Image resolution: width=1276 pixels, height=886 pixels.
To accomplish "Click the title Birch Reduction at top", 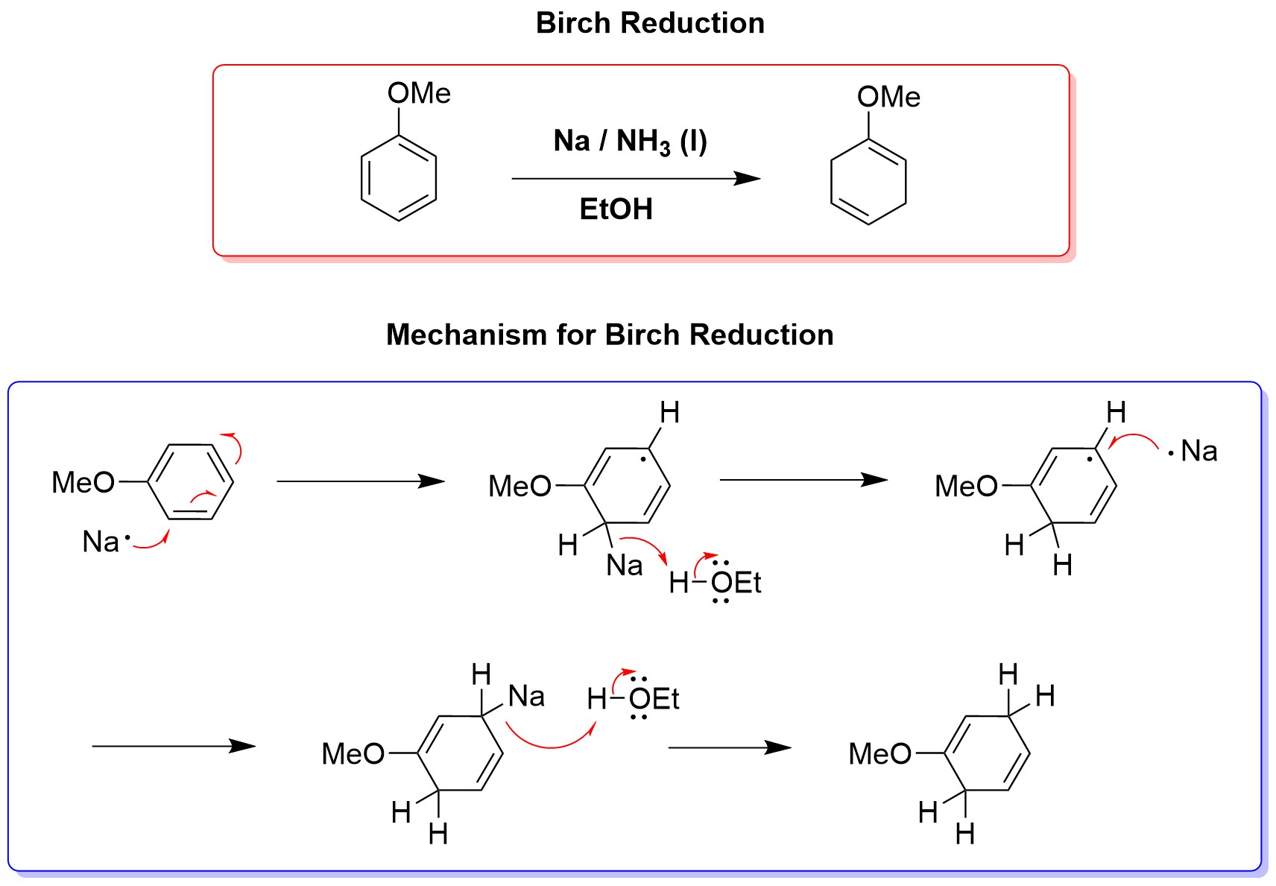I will point(650,23).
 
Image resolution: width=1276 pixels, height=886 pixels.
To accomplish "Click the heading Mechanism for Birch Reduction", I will point(609,335).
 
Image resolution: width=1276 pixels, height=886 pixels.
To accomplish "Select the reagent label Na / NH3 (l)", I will point(630,141).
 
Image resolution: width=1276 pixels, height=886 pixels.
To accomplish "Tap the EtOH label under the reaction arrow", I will point(616,209).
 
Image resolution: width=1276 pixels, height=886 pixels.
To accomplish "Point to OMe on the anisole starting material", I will point(419,94).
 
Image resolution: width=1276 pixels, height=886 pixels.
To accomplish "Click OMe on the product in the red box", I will point(888,97).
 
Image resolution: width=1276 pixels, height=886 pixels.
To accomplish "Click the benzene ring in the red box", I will point(399,178).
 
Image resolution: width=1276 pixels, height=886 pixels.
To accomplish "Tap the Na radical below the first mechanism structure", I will point(102,542).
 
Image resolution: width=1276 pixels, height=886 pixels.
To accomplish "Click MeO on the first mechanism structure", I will point(83,483).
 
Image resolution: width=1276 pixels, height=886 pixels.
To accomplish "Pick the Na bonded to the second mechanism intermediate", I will point(624,566).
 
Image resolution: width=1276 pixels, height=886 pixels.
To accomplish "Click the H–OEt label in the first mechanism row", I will point(715,583).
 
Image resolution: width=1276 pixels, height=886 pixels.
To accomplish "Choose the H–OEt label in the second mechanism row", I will point(633,699).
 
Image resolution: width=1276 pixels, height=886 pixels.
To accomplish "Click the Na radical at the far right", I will point(1198,451).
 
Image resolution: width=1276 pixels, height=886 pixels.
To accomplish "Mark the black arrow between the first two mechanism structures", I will point(360,481).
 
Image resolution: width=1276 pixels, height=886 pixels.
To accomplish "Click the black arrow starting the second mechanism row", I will point(173,746).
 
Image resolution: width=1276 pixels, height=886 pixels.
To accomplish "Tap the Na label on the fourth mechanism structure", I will point(526,696).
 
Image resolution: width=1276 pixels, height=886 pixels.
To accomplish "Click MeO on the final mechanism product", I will point(879,754).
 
